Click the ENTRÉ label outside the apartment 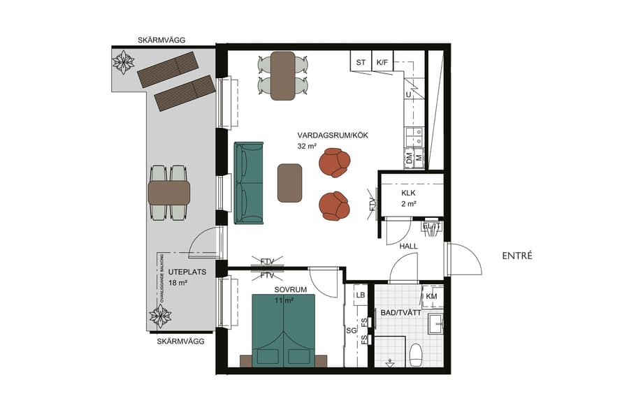coord(517,256)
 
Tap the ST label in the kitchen coord(361,63)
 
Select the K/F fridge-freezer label coord(382,63)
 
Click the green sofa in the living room coord(249,183)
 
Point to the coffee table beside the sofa coord(289,183)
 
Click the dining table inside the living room coord(283,75)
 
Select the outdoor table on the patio coord(169,193)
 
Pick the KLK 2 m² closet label coord(409,198)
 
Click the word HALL coord(408,247)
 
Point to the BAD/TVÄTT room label coord(400,313)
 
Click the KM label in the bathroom coord(431,297)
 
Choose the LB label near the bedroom coord(361,296)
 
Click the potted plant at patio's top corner coord(124,62)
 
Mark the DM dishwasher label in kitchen coord(410,159)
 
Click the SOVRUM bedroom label coord(267,288)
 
